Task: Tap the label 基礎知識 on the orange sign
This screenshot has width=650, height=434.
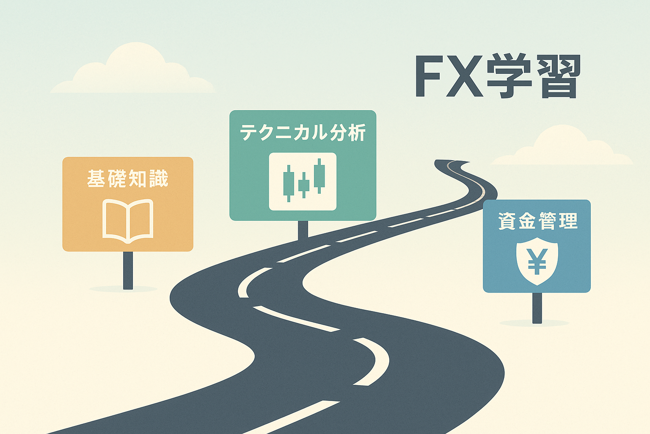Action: tap(128, 178)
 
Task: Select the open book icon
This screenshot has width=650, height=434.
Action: tap(128, 220)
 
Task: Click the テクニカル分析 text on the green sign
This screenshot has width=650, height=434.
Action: tap(303, 133)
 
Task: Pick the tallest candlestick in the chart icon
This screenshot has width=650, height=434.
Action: tap(319, 175)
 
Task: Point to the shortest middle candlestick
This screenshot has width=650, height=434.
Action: tap(303, 185)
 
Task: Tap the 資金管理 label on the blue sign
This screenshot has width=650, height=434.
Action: tap(537, 221)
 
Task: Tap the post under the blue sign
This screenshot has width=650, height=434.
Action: tap(537, 308)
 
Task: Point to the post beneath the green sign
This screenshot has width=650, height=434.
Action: tap(303, 230)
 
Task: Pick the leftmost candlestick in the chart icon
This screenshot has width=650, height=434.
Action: tap(289, 184)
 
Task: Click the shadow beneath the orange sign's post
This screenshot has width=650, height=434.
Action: tap(123, 289)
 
